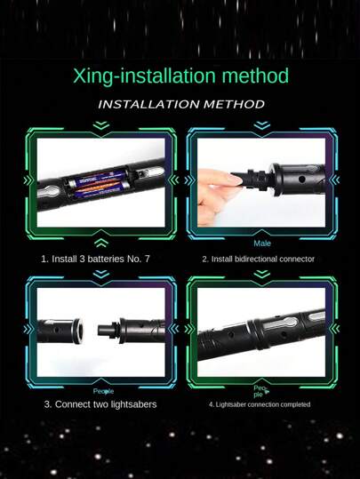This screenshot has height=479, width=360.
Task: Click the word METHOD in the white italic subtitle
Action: click(234, 105)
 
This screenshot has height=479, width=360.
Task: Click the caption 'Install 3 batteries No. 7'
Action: click(95, 259)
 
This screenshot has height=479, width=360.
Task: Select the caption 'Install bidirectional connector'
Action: click(259, 259)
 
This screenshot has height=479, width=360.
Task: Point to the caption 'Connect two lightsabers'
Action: click(100, 404)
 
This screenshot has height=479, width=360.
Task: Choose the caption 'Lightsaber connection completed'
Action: click(260, 404)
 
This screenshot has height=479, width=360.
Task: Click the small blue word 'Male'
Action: click(262, 243)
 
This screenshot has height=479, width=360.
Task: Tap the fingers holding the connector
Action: click(219, 193)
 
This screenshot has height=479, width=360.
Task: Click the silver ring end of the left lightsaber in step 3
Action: click(78, 331)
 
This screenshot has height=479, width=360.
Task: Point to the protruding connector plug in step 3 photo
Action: click(108, 331)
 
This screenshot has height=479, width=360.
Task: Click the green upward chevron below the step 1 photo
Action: click(101, 243)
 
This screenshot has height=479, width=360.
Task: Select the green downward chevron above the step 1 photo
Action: click(101, 125)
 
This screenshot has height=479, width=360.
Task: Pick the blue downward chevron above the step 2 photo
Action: click(262, 125)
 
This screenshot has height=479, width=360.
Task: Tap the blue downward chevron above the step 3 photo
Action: click(101, 274)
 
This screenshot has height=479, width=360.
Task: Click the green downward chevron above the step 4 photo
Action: click(262, 274)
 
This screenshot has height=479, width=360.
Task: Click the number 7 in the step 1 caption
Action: click(147, 259)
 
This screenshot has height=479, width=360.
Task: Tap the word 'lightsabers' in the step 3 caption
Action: click(133, 404)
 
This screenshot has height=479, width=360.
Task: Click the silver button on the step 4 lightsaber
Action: click(280, 323)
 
